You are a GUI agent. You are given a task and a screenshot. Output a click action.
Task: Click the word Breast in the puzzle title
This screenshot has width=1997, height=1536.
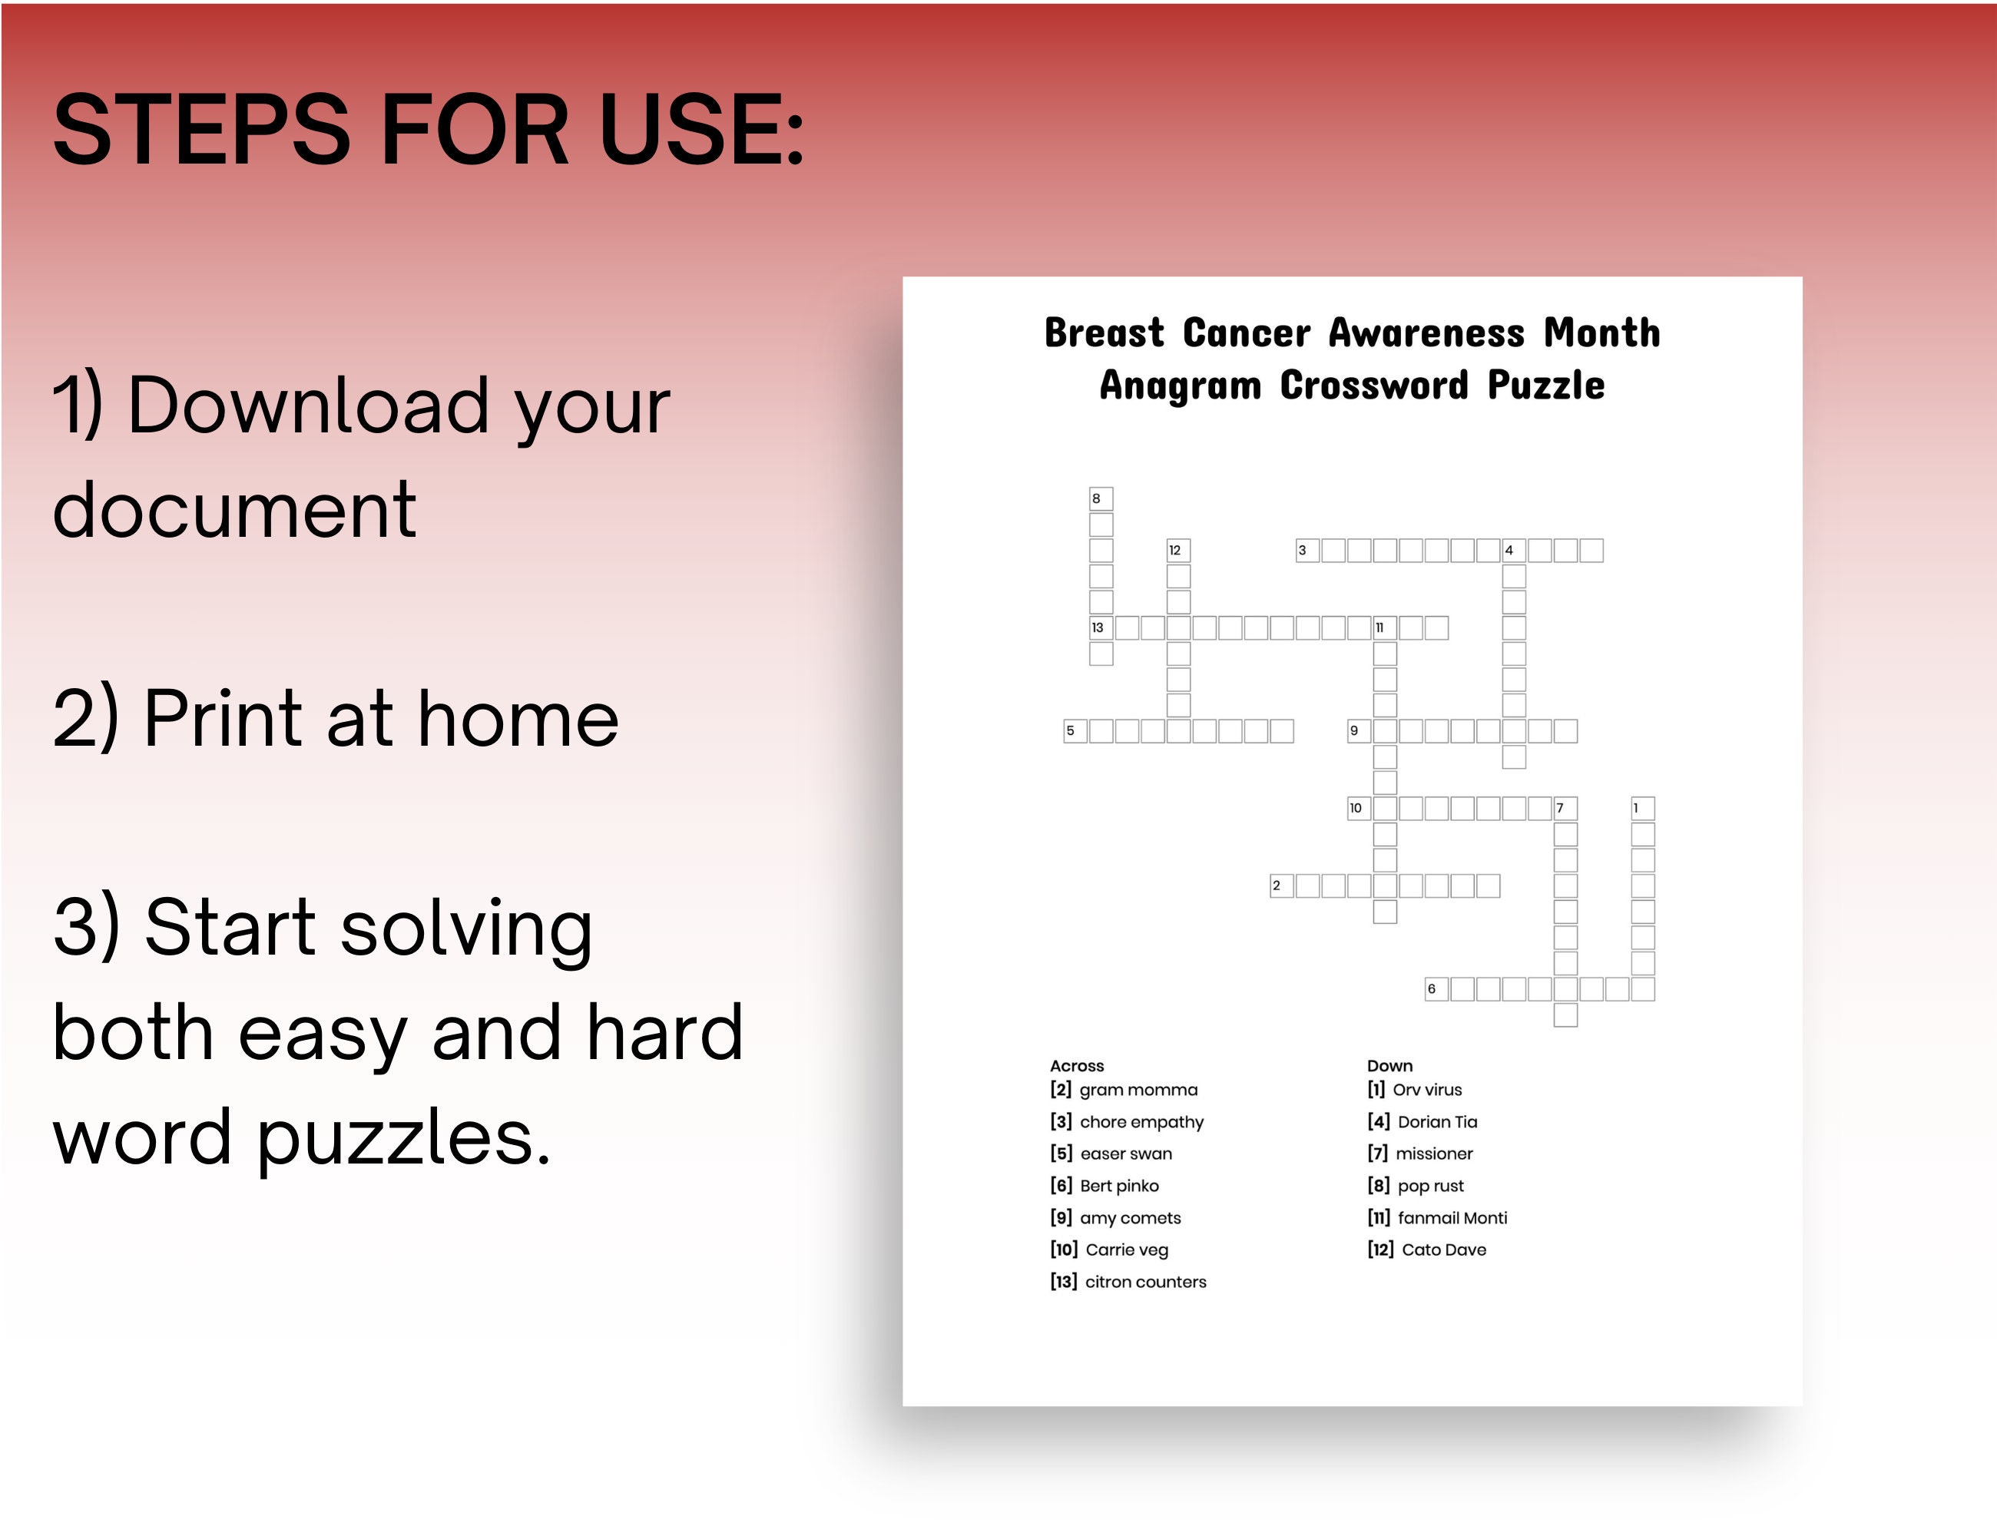coord(1104,333)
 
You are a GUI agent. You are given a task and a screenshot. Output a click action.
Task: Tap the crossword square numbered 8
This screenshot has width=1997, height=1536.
coord(1101,499)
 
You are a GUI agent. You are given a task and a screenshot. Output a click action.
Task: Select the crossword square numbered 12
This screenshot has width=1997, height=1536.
coord(1177,551)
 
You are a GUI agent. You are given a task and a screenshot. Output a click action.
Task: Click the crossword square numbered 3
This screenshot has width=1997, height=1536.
coord(1307,551)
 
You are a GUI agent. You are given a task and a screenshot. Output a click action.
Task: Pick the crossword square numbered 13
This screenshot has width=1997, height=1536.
coord(1101,628)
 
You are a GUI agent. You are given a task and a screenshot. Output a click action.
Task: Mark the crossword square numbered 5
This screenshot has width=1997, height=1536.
coord(1075,731)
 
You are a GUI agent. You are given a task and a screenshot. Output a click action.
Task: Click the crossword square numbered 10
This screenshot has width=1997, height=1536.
coord(1359,808)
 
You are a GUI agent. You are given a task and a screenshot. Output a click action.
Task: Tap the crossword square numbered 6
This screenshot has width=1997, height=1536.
coord(1436,989)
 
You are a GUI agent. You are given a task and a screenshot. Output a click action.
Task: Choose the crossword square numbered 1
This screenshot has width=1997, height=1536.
coord(1642,808)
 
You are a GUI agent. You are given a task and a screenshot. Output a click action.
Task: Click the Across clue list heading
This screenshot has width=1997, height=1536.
coord(1076,1066)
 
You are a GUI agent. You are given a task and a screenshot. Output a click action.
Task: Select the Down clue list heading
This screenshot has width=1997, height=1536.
coord(1389,1066)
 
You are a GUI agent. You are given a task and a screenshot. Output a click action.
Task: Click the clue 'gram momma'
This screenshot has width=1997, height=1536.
coord(1138,1090)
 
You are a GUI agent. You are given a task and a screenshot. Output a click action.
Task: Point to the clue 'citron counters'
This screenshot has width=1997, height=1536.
coord(1144,1282)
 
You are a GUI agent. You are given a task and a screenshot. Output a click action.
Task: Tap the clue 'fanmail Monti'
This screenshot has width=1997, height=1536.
coord(1452,1218)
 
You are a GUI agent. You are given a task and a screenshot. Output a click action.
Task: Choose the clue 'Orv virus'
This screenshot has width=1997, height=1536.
coord(1426,1090)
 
